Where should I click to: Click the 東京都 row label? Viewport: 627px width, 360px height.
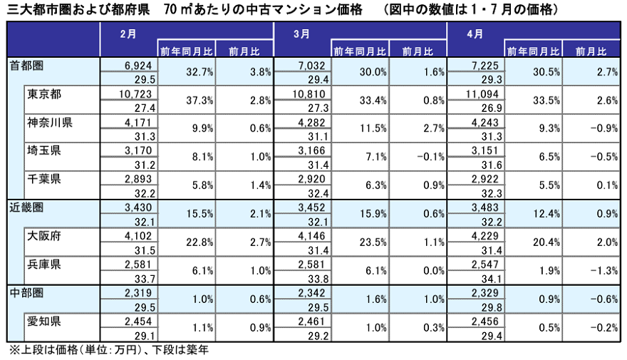(44, 94)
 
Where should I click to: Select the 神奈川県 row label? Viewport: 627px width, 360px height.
(50, 123)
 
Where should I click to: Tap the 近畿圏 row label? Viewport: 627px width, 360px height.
(26, 207)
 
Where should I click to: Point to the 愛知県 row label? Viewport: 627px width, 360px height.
(44, 322)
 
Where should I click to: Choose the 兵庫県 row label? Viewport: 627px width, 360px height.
(44, 264)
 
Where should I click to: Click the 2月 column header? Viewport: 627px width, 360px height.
(128, 34)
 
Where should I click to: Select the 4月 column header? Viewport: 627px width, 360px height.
(475, 34)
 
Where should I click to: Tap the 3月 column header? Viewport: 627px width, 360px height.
(301, 34)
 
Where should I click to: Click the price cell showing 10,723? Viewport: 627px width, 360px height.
(135, 94)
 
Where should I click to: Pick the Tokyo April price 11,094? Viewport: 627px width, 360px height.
(482, 94)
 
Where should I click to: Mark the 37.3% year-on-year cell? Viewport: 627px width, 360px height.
(199, 101)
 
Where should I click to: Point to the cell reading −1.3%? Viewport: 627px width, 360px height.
(604, 271)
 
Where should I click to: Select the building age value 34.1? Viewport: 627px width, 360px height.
(492, 279)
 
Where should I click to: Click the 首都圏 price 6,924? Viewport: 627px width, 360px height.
(138, 66)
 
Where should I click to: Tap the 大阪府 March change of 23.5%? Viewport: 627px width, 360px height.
(373, 242)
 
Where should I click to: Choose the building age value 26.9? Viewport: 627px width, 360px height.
(492, 108)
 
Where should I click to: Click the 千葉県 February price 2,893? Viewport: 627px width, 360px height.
(138, 179)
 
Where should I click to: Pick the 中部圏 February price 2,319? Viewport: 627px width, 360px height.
(138, 293)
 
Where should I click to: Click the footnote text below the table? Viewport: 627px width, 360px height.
(109, 351)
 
